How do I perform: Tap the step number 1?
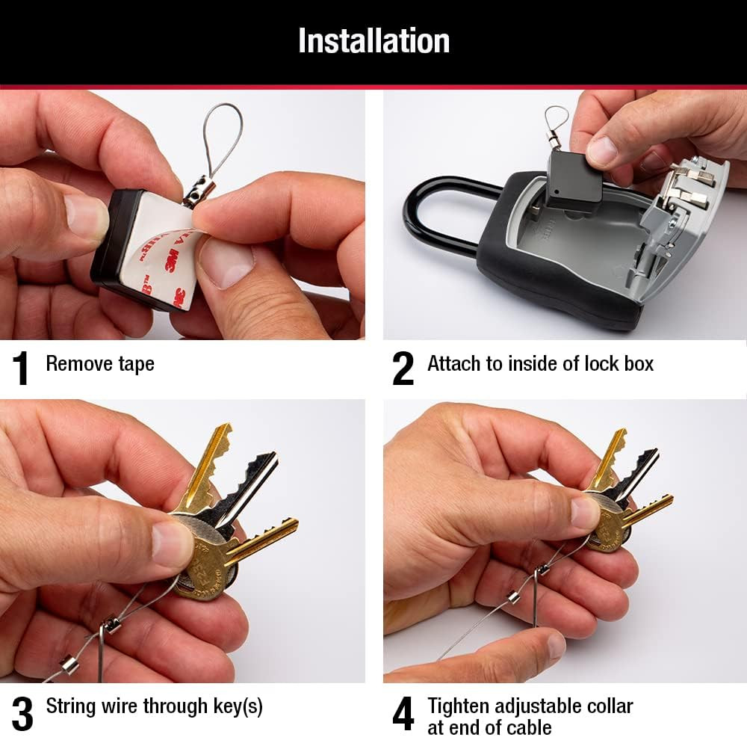(21, 368)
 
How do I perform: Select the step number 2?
(403, 368)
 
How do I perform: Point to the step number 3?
(22, 714)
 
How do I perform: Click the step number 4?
(403, 714)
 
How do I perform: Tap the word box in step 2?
(637, 364)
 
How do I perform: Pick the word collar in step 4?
(608, 706)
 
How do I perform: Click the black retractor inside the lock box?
(574, 180)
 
